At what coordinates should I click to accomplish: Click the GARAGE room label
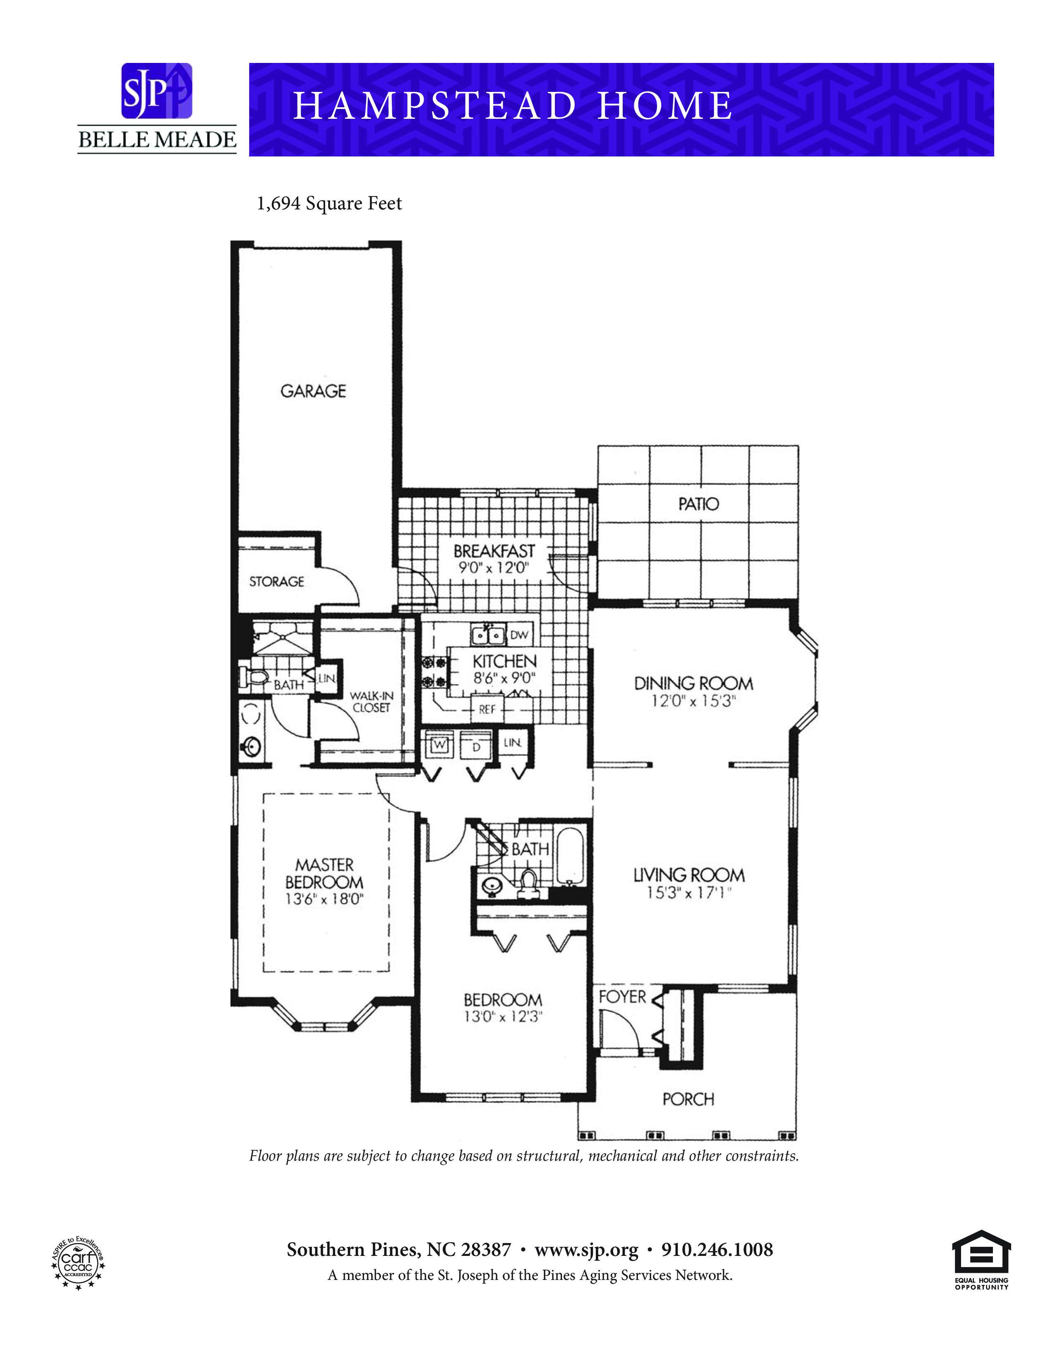313,391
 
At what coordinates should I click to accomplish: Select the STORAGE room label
276,582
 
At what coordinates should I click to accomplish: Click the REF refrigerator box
487,709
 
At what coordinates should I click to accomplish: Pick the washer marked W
439,744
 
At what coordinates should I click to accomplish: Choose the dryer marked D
475,746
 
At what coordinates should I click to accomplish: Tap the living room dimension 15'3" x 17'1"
689,893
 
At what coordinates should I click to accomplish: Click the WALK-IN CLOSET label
371,702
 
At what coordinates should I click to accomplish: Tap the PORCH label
688,1099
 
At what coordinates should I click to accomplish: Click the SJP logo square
156,91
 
